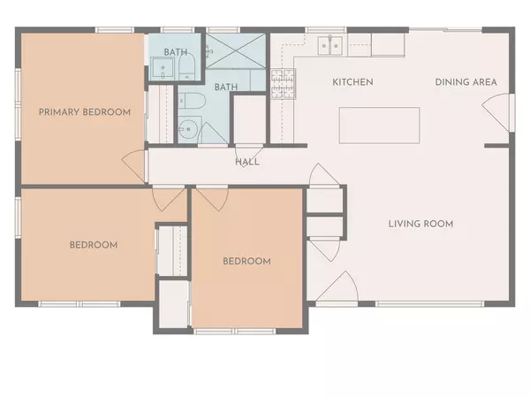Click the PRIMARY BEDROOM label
(85, 112)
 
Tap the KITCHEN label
(352, 82)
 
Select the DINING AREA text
(466, 82)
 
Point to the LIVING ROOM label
(420, 224)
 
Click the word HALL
(246, 162)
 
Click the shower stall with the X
(236, 50)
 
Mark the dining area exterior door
(498, 111)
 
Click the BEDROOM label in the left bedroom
(94, 245)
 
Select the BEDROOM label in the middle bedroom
(246, 261)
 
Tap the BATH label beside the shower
(226, 87)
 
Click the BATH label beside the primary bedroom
(175, 52)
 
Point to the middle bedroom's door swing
(210, 196)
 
